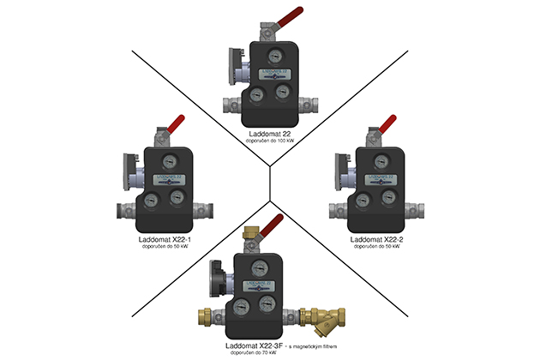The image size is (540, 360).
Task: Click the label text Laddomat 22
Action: [x=269, y=132]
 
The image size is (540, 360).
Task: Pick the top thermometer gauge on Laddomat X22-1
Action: [x=165, y=164]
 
